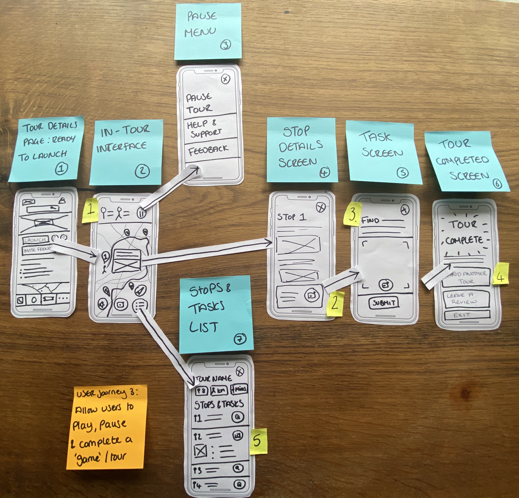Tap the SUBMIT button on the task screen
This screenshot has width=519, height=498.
tap(383, 303)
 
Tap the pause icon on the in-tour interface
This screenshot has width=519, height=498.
tap(141, 213)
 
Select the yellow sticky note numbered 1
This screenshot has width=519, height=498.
tap(90, 210)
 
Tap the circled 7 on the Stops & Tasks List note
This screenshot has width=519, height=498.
tap(240, 339)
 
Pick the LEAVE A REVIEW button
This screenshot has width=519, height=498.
tap(466, 299)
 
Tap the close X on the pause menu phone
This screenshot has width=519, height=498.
tap(226, 79)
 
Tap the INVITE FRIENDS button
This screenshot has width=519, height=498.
tap(37, 250)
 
